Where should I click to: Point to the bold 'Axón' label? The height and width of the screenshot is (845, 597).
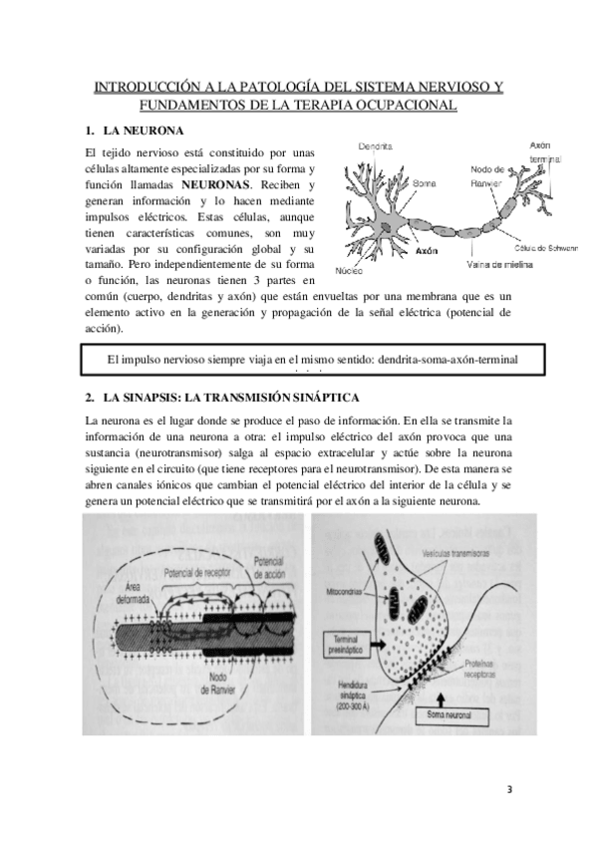click(x=426, y=252)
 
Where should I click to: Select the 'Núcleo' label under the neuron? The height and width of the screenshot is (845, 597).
click(x=349, y=269)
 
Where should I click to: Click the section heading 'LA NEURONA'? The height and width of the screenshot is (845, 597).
click(x=144, y=131)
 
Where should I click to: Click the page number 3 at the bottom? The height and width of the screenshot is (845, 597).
click(x=508, y=791)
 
